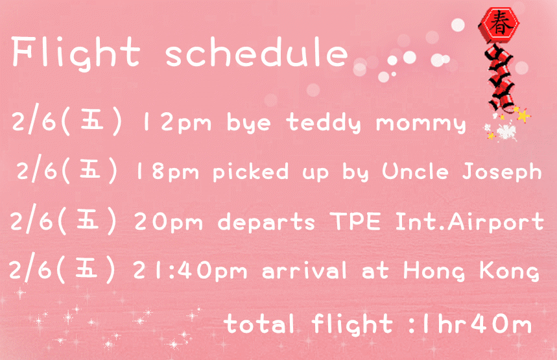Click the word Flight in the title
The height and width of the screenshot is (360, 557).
[x=76, y=53]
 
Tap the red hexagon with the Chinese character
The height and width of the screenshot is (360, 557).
[x=499, y=24]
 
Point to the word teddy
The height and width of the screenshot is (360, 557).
[x=324, y=123]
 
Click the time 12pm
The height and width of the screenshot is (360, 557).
[x=176, y=123]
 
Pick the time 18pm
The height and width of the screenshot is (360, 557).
[x=167, y=172]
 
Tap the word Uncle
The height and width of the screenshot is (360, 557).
[x=415, y=171]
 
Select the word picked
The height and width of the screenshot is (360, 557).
[x=250, y=171]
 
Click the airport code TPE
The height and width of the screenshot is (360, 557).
[x=355, y=221]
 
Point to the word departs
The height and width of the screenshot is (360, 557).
[x=266, y=222]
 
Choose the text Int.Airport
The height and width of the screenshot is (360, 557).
[x=469, y=222]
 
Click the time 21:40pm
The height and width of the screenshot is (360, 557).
[x=190, y=270]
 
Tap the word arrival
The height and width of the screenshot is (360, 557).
[x=304, y=270]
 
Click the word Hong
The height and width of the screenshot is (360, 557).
[x=434, y=271]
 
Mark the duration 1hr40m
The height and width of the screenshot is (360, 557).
[x=475, y=324]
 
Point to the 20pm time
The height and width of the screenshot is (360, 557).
[x=169, y=222]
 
